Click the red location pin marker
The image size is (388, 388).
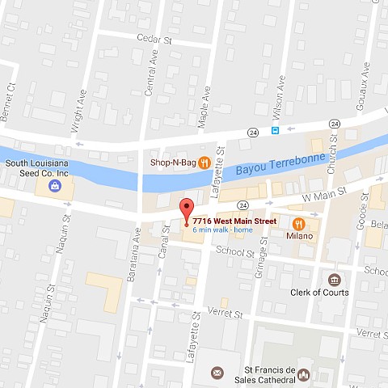186,209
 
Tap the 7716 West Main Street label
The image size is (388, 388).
234,221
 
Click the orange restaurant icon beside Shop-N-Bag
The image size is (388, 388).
205,162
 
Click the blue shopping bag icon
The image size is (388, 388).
54,185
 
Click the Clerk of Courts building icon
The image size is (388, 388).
333,279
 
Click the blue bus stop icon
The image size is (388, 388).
276,130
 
